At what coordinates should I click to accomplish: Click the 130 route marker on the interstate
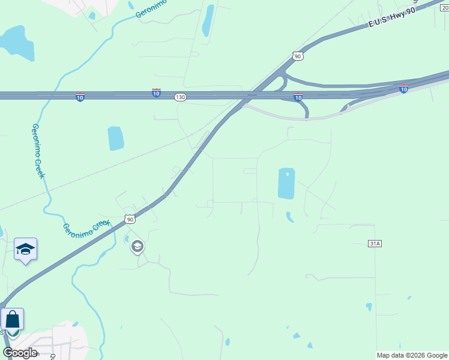coord(181,97)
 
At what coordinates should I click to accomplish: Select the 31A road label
coord(375,243)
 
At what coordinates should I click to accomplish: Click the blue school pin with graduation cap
coord(25,249)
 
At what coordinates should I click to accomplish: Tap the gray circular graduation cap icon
coord(137,246)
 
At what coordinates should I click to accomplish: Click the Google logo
coord(20,353)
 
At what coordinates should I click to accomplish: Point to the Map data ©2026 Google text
coord(412,355)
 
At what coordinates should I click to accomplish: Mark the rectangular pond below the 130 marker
coord(116,139)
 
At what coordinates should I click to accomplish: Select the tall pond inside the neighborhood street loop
coord(286,183)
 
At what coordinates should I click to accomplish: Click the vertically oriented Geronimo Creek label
coord(38,150)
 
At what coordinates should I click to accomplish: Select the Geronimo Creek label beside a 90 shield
coord(88,227)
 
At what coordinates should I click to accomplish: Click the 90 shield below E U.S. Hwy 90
coord(298,56)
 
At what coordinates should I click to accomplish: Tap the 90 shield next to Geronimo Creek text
coord(130,220)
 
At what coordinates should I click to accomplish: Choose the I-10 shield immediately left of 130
coord(156,93)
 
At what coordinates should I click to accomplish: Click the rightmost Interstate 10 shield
coord(403,89)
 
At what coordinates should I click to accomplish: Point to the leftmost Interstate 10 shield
coord(80,97)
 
